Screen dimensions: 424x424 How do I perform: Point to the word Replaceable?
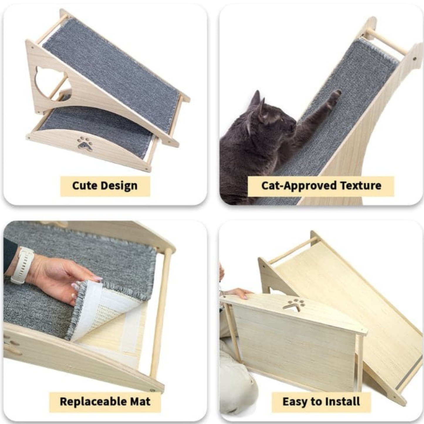pyautogui.click(x=93, y=401)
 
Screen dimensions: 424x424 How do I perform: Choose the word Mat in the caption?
pyautogui.click(x=140, y=401)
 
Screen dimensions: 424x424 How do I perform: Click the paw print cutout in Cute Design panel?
pyautogui.click(x=85, y=143)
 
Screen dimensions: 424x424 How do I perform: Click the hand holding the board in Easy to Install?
pyautogui.click(x=241, y=293)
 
